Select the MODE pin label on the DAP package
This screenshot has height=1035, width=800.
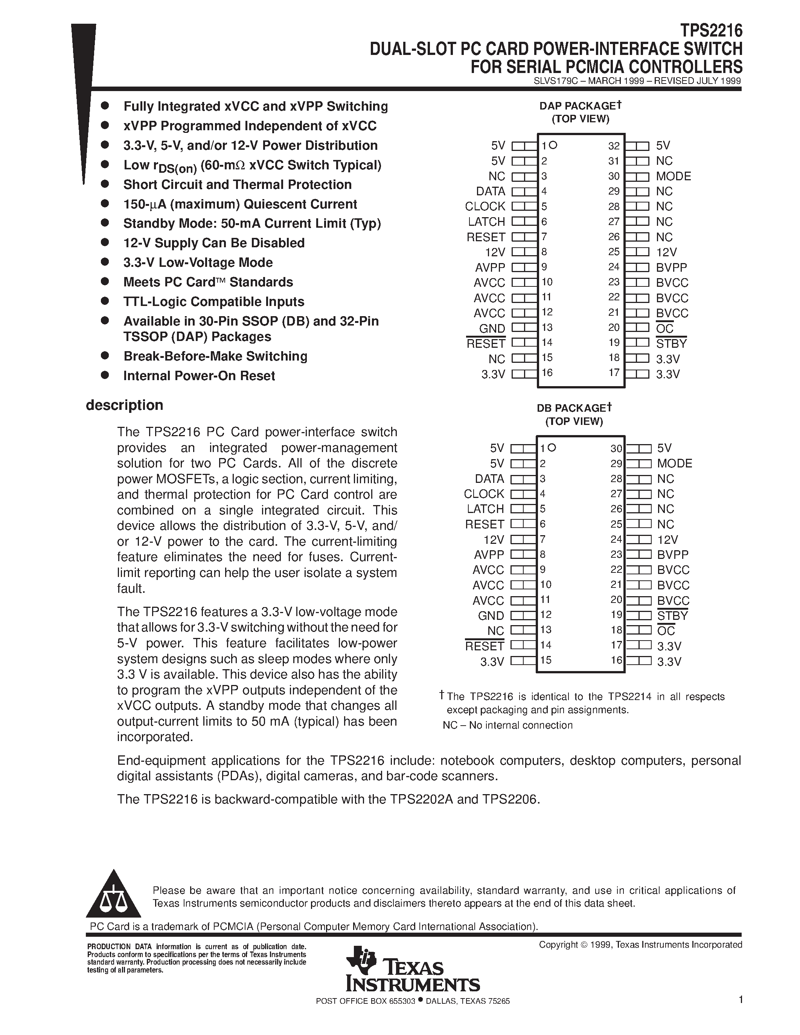click(x=673, y=176)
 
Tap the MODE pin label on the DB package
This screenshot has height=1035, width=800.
click(x=674, y=463)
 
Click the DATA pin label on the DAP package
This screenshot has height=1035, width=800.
click(x=491, y=192)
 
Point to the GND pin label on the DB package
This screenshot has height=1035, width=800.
click(x=491, y=616)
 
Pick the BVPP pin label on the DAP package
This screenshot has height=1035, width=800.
click(x=671, y=267)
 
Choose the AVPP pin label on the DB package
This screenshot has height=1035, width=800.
click(x=489, y=554)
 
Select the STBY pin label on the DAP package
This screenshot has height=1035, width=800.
click(x=671, y=344)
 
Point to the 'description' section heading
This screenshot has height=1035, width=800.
click(x=124, y=405)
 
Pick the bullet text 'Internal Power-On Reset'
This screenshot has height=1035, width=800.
click(x=199, y=376)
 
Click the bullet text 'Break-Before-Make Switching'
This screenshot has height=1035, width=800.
click(x=215, y=356)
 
